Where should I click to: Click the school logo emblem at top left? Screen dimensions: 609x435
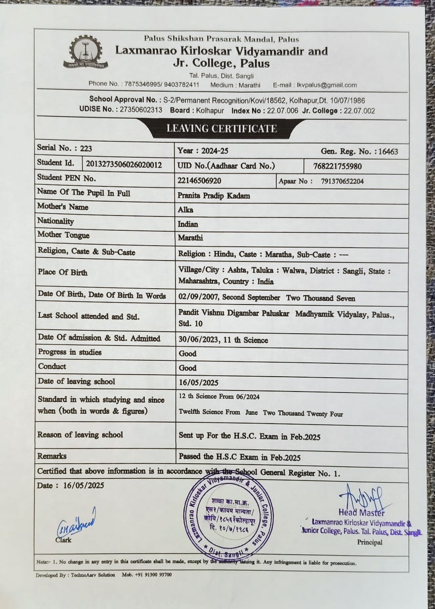click(86, 52)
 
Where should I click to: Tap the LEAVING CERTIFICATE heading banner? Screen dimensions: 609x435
click(221, 129)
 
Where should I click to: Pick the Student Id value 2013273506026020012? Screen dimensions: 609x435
click(124, 165)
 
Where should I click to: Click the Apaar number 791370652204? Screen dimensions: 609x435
click(342, 181)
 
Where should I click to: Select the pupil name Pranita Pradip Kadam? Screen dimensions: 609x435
click(214, 195)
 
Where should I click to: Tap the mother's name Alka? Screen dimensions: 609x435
click(185, 210)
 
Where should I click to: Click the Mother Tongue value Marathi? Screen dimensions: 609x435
click(190, 238)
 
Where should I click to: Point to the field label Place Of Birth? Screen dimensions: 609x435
click(62, 272)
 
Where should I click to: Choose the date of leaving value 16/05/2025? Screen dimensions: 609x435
click(199, 383)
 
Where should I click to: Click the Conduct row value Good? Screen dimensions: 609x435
click(187, 368)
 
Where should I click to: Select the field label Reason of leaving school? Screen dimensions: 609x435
click(80, 435)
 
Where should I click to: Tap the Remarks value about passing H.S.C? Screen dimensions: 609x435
click(239, 457)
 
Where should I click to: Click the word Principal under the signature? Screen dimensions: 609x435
click(370, 542)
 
